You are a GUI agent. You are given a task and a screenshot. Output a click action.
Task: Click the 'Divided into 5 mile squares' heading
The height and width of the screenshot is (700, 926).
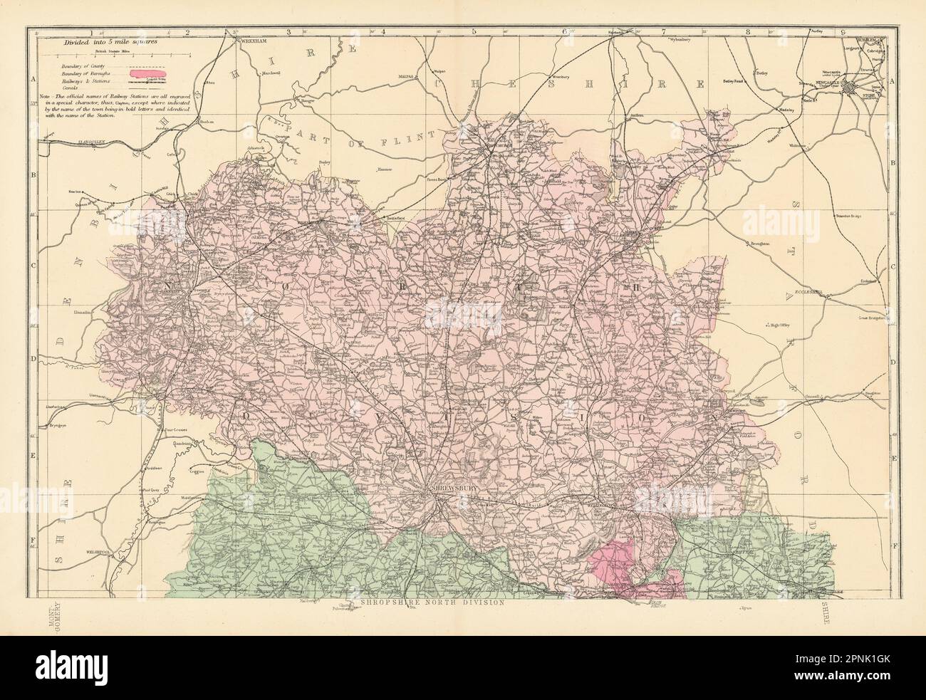pyautogui.click(x=110, y=42)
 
